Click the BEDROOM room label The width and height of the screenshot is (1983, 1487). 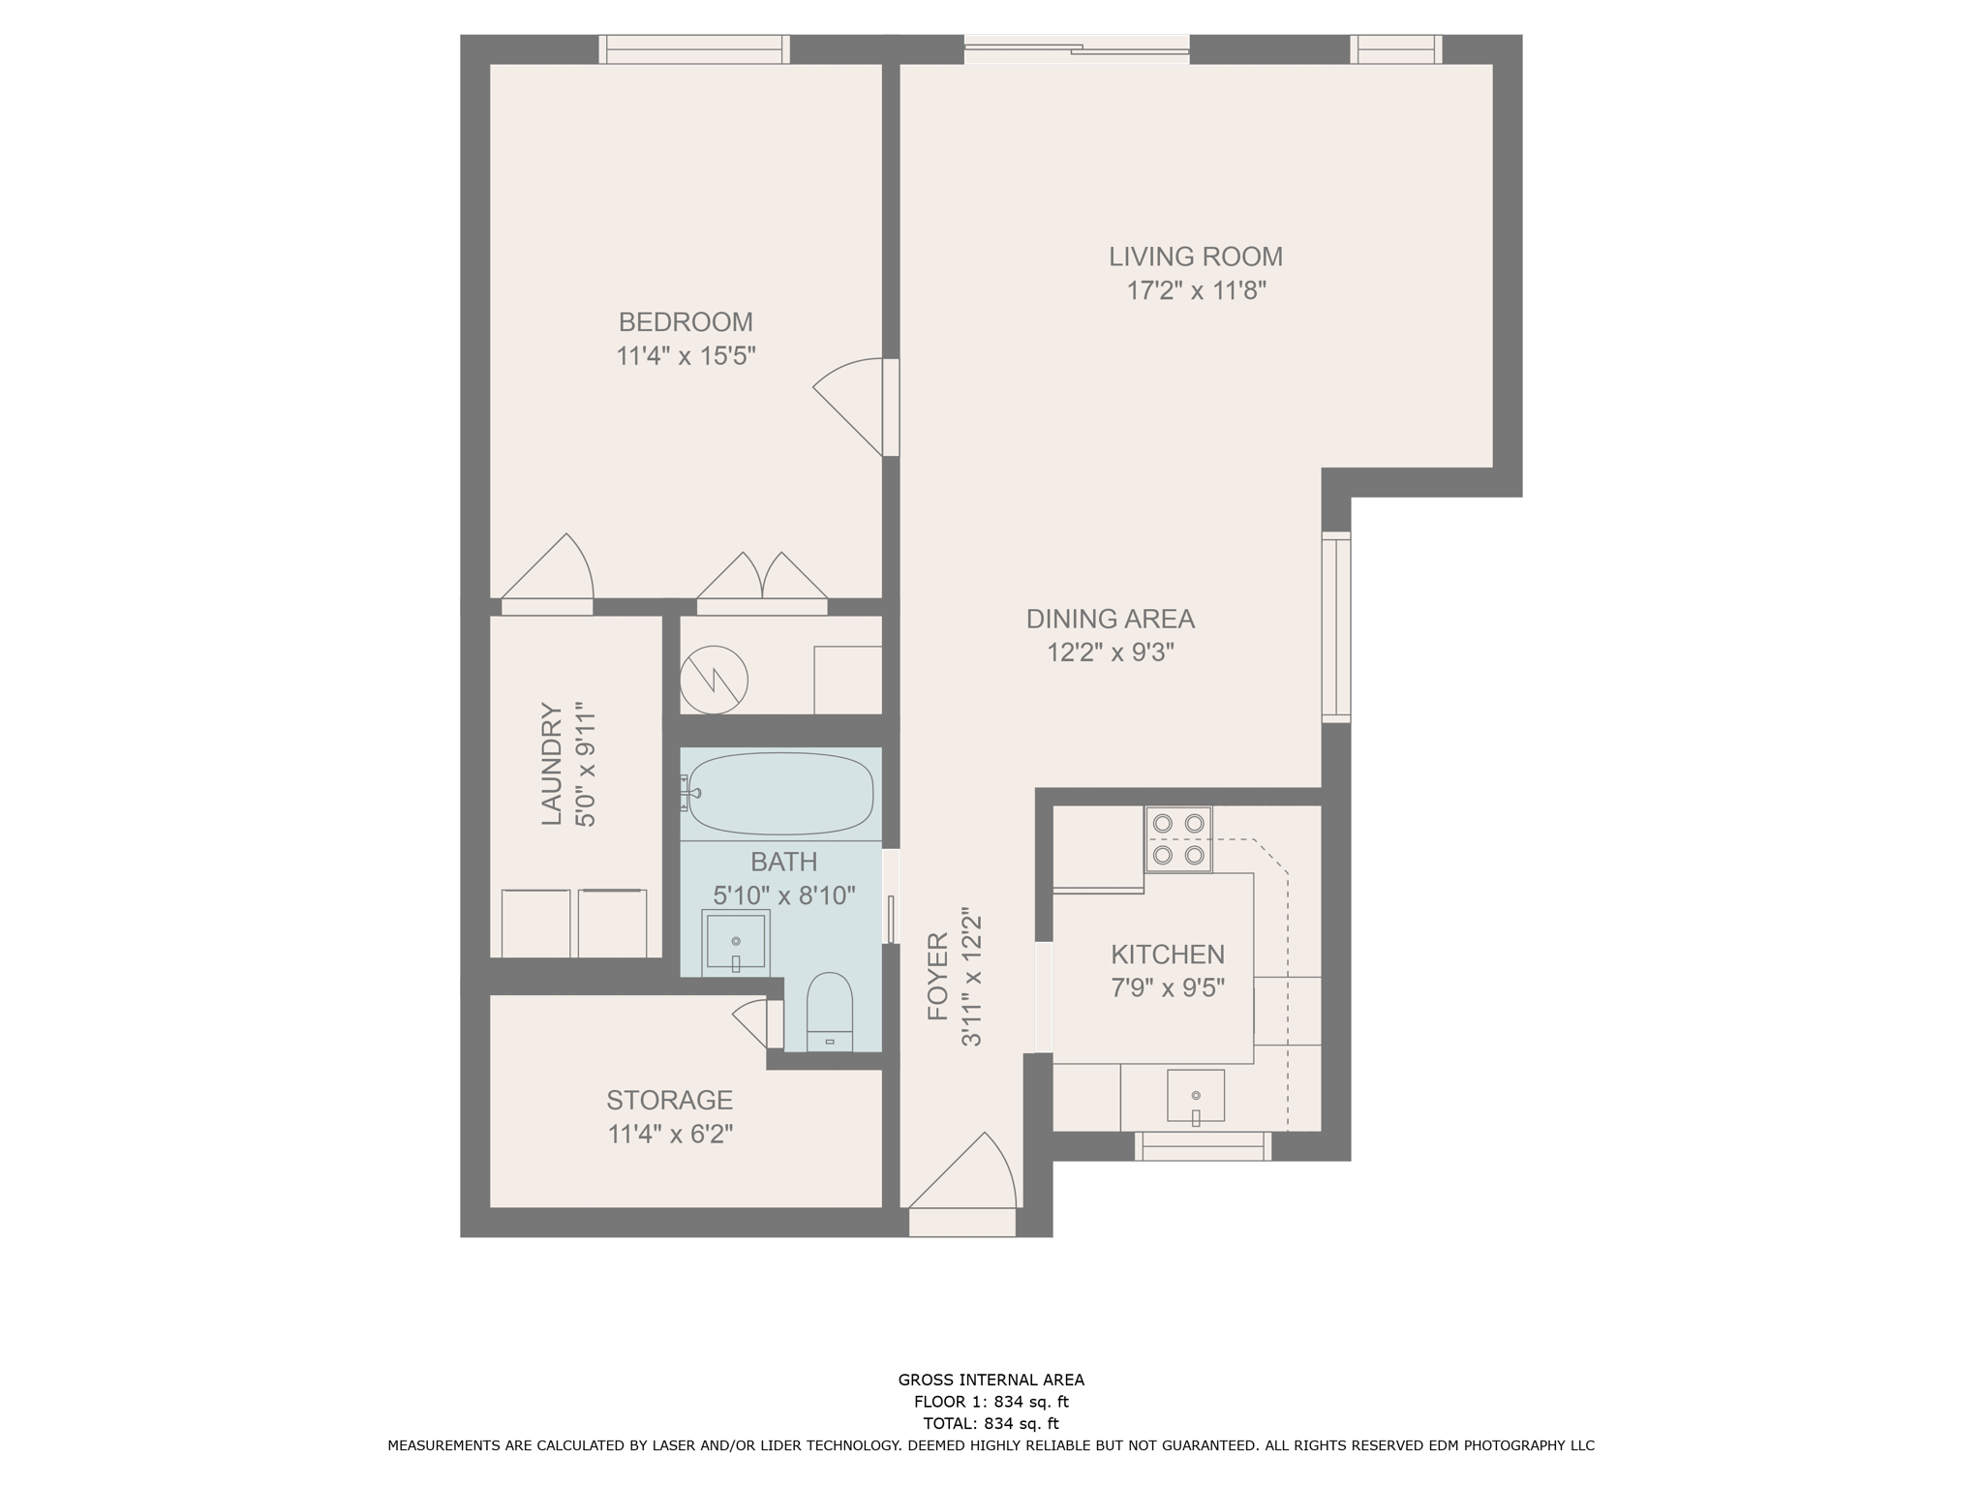click(686, 321)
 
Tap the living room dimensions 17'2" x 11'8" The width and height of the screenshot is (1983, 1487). click(1196, 290)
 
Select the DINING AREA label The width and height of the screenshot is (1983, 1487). click(1110, 619)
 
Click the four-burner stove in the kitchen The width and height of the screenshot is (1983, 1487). click(1178, 838)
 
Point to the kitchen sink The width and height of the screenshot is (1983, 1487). click(1195, 1096)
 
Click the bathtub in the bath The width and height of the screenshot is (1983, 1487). click(780, 793)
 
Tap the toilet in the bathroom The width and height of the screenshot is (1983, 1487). click(829, 1013)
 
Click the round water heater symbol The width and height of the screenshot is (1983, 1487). click(714, 680)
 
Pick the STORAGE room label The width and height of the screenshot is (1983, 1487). click(669, 1100)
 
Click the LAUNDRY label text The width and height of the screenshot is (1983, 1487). click(551, 764)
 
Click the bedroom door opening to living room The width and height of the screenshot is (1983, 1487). click(852, 406)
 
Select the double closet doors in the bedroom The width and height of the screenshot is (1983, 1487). click(762, 579)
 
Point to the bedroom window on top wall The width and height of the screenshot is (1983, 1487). click(693, 49)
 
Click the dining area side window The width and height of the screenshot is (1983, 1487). click(1335, 626)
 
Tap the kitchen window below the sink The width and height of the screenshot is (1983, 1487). click(1203, 1146)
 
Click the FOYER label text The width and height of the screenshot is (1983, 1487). click(937, 976)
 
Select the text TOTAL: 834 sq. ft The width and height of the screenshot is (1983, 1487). click(991, 1423)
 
